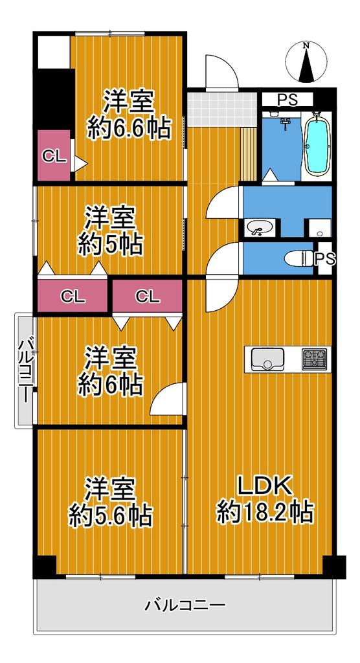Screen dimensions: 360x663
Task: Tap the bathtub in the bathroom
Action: (x=317, y=144)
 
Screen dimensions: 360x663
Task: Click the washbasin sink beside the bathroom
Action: (x=258, y=228)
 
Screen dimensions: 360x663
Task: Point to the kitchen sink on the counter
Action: (x=267, y=359)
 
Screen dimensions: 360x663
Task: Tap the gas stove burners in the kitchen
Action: (x=314, y=359)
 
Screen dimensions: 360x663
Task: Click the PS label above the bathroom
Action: (x=287, y=100)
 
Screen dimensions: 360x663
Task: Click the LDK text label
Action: (x=265, y=488)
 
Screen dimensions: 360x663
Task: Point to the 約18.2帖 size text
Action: (x=265, y=513)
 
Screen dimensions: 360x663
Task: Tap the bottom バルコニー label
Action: (x=185, y=605)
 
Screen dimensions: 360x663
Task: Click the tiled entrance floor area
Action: (x=222, y=109)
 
